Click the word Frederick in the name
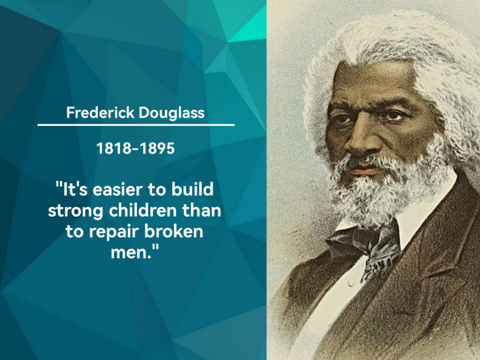pyautogui.click(x=100, y=113)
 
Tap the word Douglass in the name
pyautogui.click(x=172, y=113)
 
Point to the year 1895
pyautogui.click(x=157, y=148)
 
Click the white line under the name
pyautogui.click(x=136, y=125)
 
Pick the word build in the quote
pyautogui.click(x=192, y=189)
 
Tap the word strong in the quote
pyautogui.click(x=76, y=211)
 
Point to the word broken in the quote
pyautogui.click(x=173, y=231)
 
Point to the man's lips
pyautogui.click(x=365, y=169)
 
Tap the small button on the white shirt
pyautogui.click(x=351, y=284)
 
